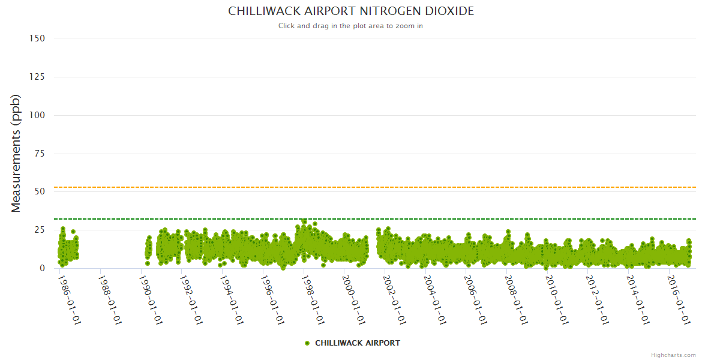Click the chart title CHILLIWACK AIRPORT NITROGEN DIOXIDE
350,11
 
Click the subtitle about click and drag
350,26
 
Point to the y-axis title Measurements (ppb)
16,153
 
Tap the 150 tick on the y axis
37,38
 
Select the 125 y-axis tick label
37,77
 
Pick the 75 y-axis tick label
40,154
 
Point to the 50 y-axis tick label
40,192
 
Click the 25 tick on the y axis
40,230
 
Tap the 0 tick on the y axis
42,268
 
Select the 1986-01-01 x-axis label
70,300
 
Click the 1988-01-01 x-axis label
110,300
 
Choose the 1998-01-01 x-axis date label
313,300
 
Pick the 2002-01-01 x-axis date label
394,300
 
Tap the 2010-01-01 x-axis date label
556,300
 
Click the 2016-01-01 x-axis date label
678,300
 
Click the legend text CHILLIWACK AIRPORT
357,343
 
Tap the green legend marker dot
307,343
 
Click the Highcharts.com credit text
673,355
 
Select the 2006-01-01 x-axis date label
475,300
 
